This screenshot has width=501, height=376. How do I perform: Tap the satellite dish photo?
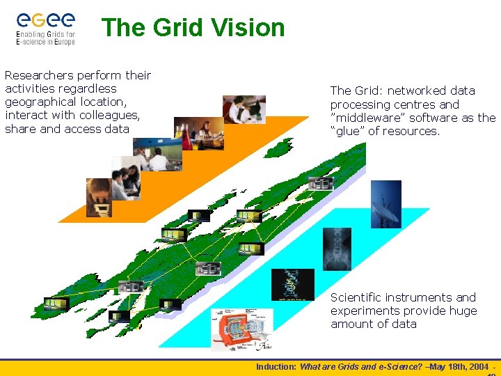(x=385, y=204)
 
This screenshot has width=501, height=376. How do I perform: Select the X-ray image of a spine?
(x=337, y=249)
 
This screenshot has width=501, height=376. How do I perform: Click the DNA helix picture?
(x=292, y=284)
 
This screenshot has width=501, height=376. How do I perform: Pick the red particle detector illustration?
(x=241, y=329)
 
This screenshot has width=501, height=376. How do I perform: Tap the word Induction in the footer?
(x=276, y=366)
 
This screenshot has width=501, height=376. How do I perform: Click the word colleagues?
(x=104, y=116)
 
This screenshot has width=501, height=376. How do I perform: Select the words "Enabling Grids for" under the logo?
(x=45, y=34)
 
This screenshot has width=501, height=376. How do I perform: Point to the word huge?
(x=463, y=311)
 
